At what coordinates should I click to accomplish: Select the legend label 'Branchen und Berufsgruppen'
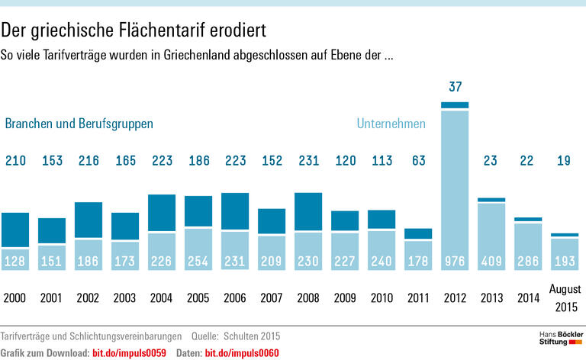pyautogui.click(x=79, y=124)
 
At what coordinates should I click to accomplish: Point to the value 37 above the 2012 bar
pyautogui.click(x=456, y=87)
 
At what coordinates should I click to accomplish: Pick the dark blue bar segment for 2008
pyautogui.click(x=307, y=212)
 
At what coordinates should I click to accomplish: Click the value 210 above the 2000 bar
pyautogui.click(x=15, y=161)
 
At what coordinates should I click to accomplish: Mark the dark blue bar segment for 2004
pyautogui.click(x=161, y=214)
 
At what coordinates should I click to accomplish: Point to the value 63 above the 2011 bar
pyautogui.click(x=418, y=161)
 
